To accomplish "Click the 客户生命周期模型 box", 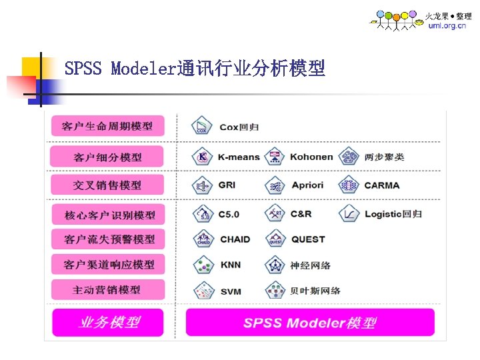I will [x=107, y=126].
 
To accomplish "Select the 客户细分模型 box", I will [x=107, y=157].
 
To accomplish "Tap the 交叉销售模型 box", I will [x=107, y=185].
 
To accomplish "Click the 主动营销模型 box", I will [x=107, y=290].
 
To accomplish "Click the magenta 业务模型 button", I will [x=109, y=322].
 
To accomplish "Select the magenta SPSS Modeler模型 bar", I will [x=309, y=323].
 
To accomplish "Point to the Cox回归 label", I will [x=239, y=127].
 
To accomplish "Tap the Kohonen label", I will [x=311, y=157].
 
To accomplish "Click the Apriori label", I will [x=307, y=185].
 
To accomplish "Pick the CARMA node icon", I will [x=348, y=185].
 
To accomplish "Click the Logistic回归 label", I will [x=393, y=214].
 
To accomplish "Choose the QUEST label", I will [x=308, y=239].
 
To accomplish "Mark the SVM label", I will [x=231, y=291].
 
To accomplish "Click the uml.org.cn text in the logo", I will [x=447, y=25].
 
